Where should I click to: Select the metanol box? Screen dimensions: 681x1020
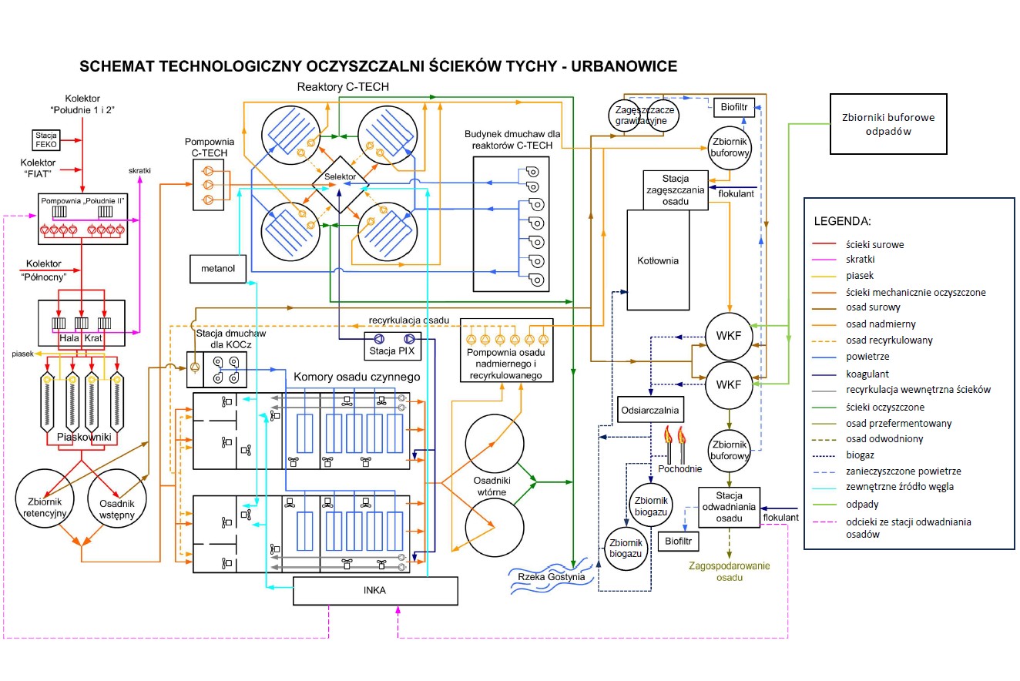coord(217,269)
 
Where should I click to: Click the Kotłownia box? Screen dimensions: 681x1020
coord(658,260)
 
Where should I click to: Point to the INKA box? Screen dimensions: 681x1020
coord(375,591)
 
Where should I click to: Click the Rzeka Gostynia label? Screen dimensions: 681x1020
coord(551,577)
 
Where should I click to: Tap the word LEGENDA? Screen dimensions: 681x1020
coord(843,221)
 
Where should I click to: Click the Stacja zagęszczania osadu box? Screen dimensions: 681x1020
coord(675,190)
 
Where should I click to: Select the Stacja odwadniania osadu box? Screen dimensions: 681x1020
coord(729,507)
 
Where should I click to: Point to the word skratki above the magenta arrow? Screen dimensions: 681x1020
coord(139,169)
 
